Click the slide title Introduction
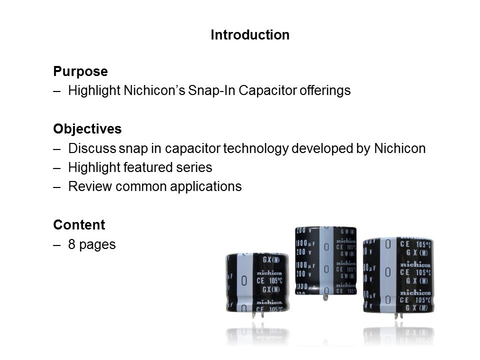coord(250,35)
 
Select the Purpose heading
coord(80,71)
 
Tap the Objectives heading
coord(87,129)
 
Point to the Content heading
coord(79,224)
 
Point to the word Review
coord(90,186)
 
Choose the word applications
coord(205,186)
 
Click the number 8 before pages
coord(71,244)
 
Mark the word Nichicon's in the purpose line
coord(154,90)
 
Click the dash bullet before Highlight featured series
coord(56,168)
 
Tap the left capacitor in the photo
coord(258,283)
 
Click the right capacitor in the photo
coord(398,275)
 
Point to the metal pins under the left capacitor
coord(258,314)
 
